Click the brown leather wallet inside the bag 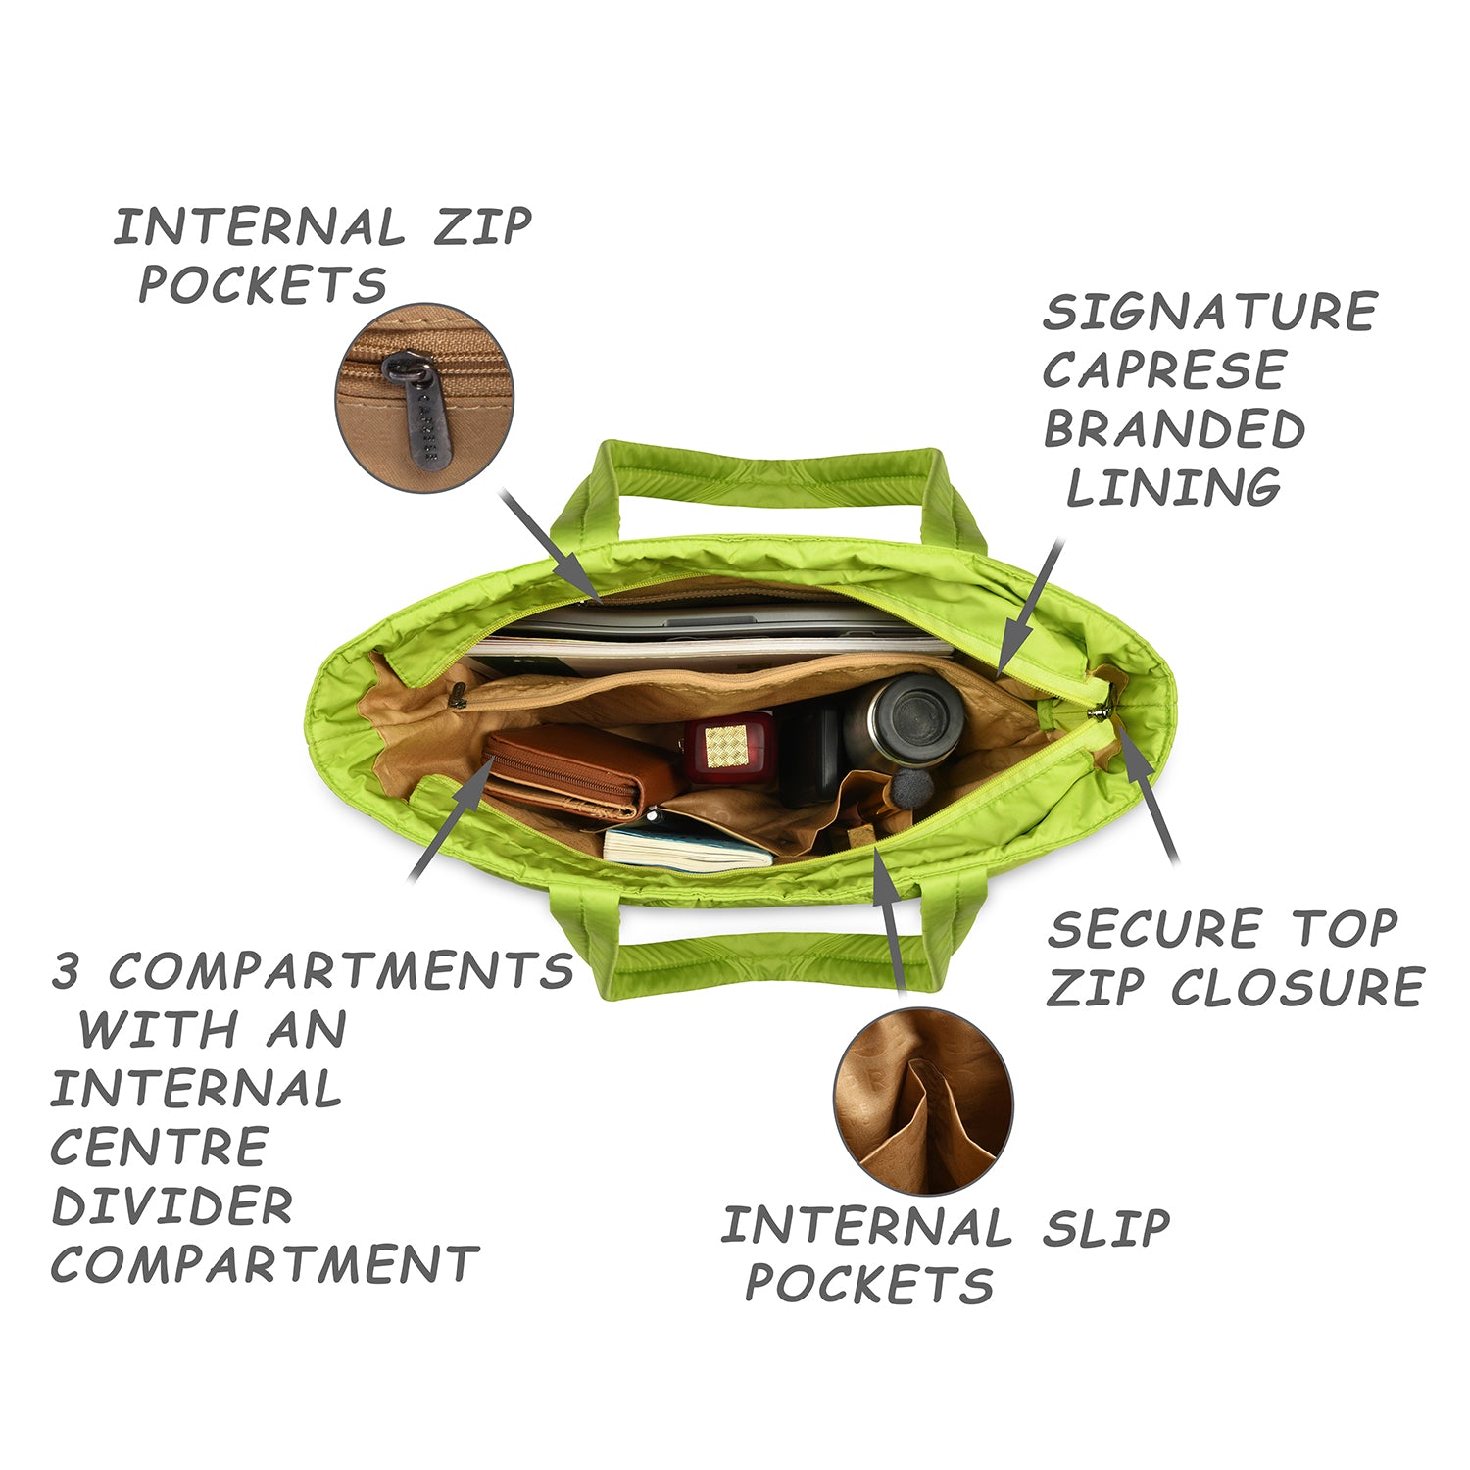coord(581,773)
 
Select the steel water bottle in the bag coord(903,720)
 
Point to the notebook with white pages coord(686,848)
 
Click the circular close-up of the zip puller coord(424,397)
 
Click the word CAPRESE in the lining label coord(1163,370)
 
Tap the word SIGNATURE coord(1210,312)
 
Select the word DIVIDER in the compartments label coord(172,1206)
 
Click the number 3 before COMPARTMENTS coord(66,971)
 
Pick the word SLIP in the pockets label coord(1105,1228)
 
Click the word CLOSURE coord(1298,987)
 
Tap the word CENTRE coord(159,1148)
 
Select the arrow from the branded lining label coord(1028,609)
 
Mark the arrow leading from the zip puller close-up coord(552,545)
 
